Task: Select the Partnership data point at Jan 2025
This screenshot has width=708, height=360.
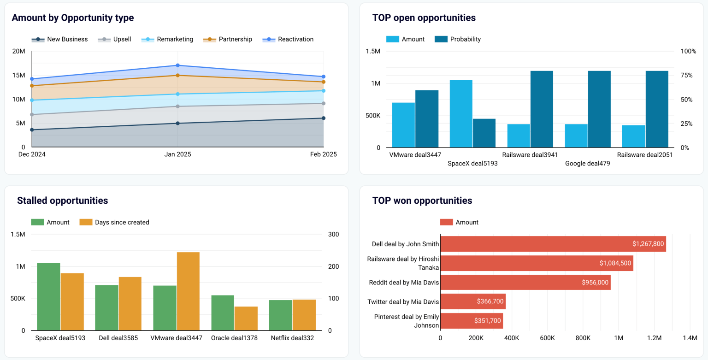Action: (177, 75)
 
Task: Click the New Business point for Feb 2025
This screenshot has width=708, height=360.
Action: (323, 118)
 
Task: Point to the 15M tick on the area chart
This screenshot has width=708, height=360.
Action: (18, 75)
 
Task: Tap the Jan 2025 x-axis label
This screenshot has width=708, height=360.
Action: (177, 155)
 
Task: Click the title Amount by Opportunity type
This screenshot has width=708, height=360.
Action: (73, 18)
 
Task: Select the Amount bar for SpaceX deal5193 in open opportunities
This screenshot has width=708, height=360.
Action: (461, 113)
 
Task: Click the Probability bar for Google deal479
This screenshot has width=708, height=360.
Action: (599, 109)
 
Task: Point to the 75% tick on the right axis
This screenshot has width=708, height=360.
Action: (688, 75)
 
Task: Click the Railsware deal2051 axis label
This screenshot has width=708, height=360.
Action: (645, 155)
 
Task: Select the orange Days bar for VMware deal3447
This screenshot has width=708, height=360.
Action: (188, 291)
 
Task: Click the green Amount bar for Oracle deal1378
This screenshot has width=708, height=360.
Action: (223, 313)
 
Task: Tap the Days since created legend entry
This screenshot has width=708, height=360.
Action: (115, 223)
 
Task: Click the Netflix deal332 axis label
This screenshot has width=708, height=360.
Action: (292, 338)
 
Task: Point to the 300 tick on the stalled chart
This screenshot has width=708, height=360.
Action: (333, 234)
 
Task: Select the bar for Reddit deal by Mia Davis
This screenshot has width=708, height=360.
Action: (525, 283)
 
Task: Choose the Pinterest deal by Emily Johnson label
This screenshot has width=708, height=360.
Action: (400, 321)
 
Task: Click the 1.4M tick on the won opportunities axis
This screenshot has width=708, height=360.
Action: (690, 338)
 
